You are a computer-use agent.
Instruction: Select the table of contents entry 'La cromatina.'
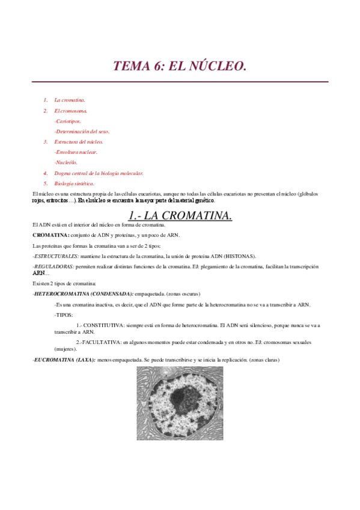coord(70,100)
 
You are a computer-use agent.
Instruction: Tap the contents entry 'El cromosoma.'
coord(70,111)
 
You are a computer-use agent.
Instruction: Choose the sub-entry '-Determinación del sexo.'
coord(82,131)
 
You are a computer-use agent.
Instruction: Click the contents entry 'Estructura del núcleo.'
coord(79,142)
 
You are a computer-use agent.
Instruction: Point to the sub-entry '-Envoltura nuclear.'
coord(76,152)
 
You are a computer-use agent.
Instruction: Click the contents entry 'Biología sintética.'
coord(74,183)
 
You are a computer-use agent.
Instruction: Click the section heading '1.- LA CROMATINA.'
coord(180,215)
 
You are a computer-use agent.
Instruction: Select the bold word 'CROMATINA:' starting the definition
coord(51,235)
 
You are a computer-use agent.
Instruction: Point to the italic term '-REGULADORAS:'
coord(53,266)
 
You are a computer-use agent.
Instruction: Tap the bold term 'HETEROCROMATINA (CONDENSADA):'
coord(84,293)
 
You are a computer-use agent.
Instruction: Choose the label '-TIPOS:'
coord(63,315)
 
